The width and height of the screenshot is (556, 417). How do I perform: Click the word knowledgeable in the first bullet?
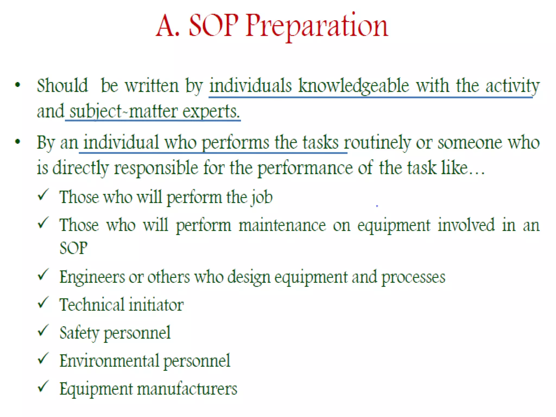click(353, 86)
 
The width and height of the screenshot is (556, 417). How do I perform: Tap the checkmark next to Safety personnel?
click(43, 331)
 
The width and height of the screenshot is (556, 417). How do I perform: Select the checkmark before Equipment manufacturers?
click(43, 386)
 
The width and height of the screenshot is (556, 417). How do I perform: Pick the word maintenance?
click(282, 225)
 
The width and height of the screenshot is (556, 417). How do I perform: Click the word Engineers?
click(92, 277)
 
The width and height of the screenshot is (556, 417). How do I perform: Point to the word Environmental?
click(109, 361)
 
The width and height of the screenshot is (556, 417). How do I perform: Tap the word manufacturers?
click(187, 389)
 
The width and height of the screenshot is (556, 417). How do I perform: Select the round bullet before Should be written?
click(18, 85)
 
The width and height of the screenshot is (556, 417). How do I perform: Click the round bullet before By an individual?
click(18, 141)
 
